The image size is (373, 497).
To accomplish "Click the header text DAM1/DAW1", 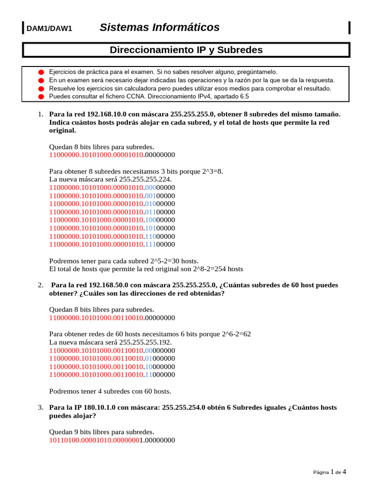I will (49, 29).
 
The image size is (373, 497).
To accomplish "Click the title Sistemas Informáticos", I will (159, 28).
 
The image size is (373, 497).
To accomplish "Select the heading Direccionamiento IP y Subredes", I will (186, 50).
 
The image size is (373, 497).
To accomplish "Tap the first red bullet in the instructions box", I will (41, 72).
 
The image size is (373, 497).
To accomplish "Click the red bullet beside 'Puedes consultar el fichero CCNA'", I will (41, 97).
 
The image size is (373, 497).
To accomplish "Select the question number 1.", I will (40, 115).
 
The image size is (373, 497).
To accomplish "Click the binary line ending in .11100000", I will (112, 245).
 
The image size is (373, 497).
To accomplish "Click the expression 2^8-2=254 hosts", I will (218, 269).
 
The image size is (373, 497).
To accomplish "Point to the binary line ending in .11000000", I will (112, 375).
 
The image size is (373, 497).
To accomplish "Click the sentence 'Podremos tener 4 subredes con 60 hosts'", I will (110, 391).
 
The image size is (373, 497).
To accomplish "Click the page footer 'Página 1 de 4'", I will (329, 472).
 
